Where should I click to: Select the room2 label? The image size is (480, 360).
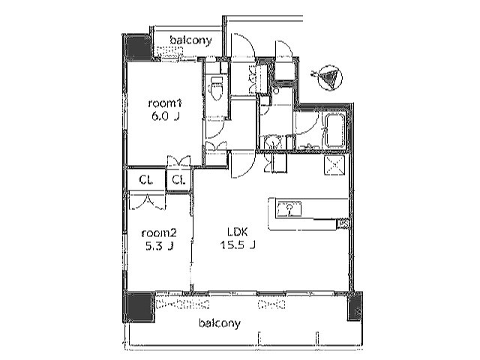point(160,232)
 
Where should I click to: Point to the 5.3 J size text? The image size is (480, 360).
point(160,245)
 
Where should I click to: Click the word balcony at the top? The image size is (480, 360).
point(190,40)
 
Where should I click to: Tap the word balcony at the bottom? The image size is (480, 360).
point(219,324)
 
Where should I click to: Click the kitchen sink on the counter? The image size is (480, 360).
point(288,209)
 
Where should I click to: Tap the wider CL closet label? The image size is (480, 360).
point(146,180)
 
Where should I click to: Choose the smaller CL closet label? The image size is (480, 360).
point(178,180)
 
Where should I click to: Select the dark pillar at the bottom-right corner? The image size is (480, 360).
point(354,306)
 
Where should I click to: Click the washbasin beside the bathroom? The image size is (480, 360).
point(273,142)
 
